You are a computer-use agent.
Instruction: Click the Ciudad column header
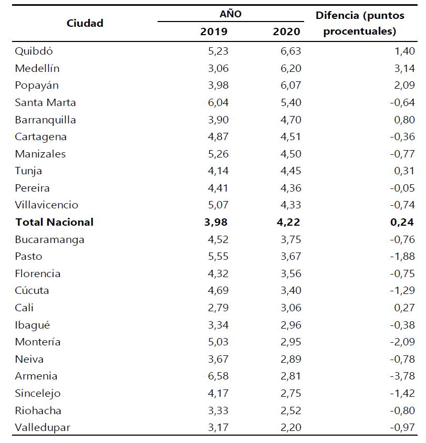tap(85, 23)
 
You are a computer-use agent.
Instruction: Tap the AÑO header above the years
tap(231, 14)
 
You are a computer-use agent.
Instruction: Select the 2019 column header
tap(214, 31)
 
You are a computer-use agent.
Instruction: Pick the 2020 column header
tap(286, 31)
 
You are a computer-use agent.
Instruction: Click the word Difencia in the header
tap(337, 15)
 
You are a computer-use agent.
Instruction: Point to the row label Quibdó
tap(34, 51)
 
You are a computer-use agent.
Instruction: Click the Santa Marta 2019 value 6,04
tap(215, 102)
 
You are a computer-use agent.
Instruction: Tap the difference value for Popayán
tap(402, 85)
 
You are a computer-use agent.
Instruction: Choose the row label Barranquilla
tap(46, 120)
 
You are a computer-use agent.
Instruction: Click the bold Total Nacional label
tap(55, 222)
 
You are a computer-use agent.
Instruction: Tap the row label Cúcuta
tap(33, 290)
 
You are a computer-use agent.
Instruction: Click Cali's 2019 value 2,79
tap(215, 308)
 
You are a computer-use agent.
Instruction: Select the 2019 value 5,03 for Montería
tap(215, 342)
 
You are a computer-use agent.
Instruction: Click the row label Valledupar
tap(43, 427)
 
